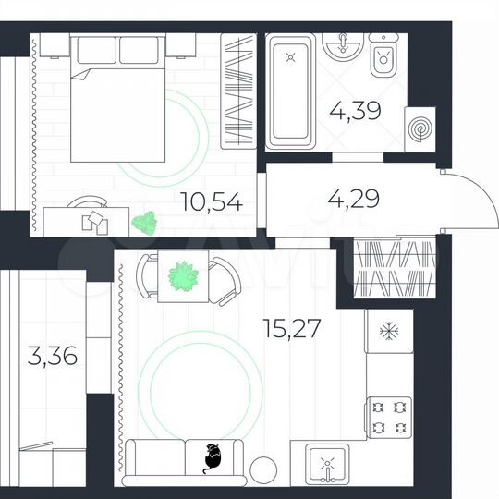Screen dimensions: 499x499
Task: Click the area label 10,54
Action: (x=212, y=202)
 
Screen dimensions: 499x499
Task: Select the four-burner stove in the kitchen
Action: (x=388, y=416)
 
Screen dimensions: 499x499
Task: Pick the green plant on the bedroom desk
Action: (x=143, y=222)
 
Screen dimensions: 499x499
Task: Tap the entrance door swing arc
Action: (x=462, y=199)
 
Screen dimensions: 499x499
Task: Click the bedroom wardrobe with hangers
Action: (x=239, y=90)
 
